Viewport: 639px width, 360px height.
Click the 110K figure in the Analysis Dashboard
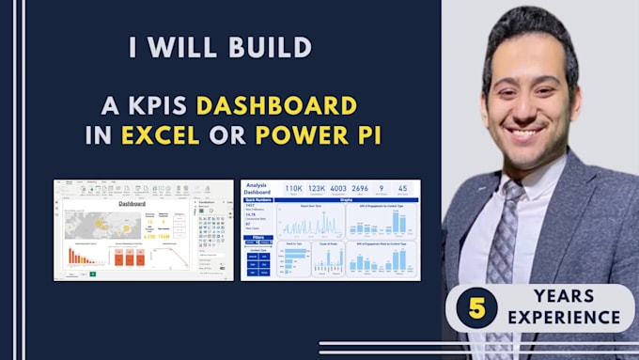tap(294, 189)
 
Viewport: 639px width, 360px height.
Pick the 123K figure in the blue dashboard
tap(317, 189)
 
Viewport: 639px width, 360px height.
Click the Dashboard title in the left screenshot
tap(132, 202)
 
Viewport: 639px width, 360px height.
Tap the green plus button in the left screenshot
tap(92, 274)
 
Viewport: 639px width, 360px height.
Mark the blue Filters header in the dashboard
tap(258, 239)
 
